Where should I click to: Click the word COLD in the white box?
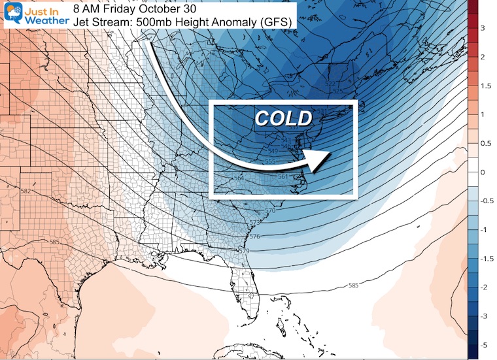(x=283, y=118)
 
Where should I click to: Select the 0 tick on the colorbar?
(x=483, y=172)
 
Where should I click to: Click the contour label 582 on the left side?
(x=26, y=191)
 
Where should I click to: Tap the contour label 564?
(x=239, y=178)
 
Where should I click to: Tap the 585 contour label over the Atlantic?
(x=354, y=285)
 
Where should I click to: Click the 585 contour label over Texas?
(x=56, y=242)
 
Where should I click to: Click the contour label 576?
(x=254, y=237)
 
